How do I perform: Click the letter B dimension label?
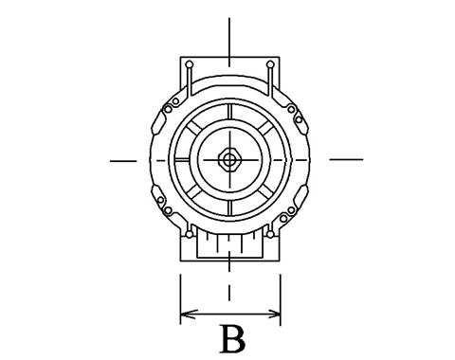(233, 339)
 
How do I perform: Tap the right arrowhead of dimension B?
(273, 314)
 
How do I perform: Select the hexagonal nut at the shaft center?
(229, 160)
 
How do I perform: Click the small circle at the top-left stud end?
(190, 64)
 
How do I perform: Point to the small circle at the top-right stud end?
(270, 64)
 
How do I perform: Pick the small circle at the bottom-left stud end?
(190, 234)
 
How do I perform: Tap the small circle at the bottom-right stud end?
(270, 234)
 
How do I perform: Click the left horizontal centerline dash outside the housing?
(123, 161)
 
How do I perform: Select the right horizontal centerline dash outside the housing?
(346, 159)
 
